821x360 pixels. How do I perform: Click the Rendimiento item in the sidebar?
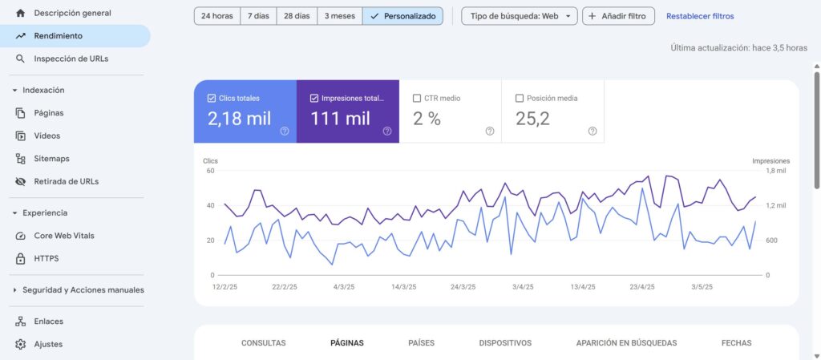pos(58,36)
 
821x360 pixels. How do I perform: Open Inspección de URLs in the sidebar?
pos(71,59)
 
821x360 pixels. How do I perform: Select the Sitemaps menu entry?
pos(51,159)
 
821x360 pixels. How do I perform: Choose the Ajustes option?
pos(48,344)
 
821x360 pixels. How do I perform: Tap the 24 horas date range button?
pos(216,16)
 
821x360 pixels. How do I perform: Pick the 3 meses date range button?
pos(339,16)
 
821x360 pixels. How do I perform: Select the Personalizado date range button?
pos(402,16)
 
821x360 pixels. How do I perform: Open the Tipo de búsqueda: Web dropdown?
pos(519,16)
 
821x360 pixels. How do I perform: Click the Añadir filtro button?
pos(618,16)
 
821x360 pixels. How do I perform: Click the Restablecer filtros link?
pos(699,16)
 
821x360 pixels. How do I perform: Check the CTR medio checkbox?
pos(417,99)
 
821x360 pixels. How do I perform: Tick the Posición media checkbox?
pos(520,99)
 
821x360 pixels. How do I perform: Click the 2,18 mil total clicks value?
pos(239,119)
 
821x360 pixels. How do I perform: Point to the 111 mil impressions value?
pos(341,119)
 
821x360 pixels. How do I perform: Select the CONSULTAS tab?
pos(263,343)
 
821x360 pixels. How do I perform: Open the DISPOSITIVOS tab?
pos(505,343)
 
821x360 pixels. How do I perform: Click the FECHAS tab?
pos(736,343)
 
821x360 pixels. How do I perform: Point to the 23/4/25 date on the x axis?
pos(642,286)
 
